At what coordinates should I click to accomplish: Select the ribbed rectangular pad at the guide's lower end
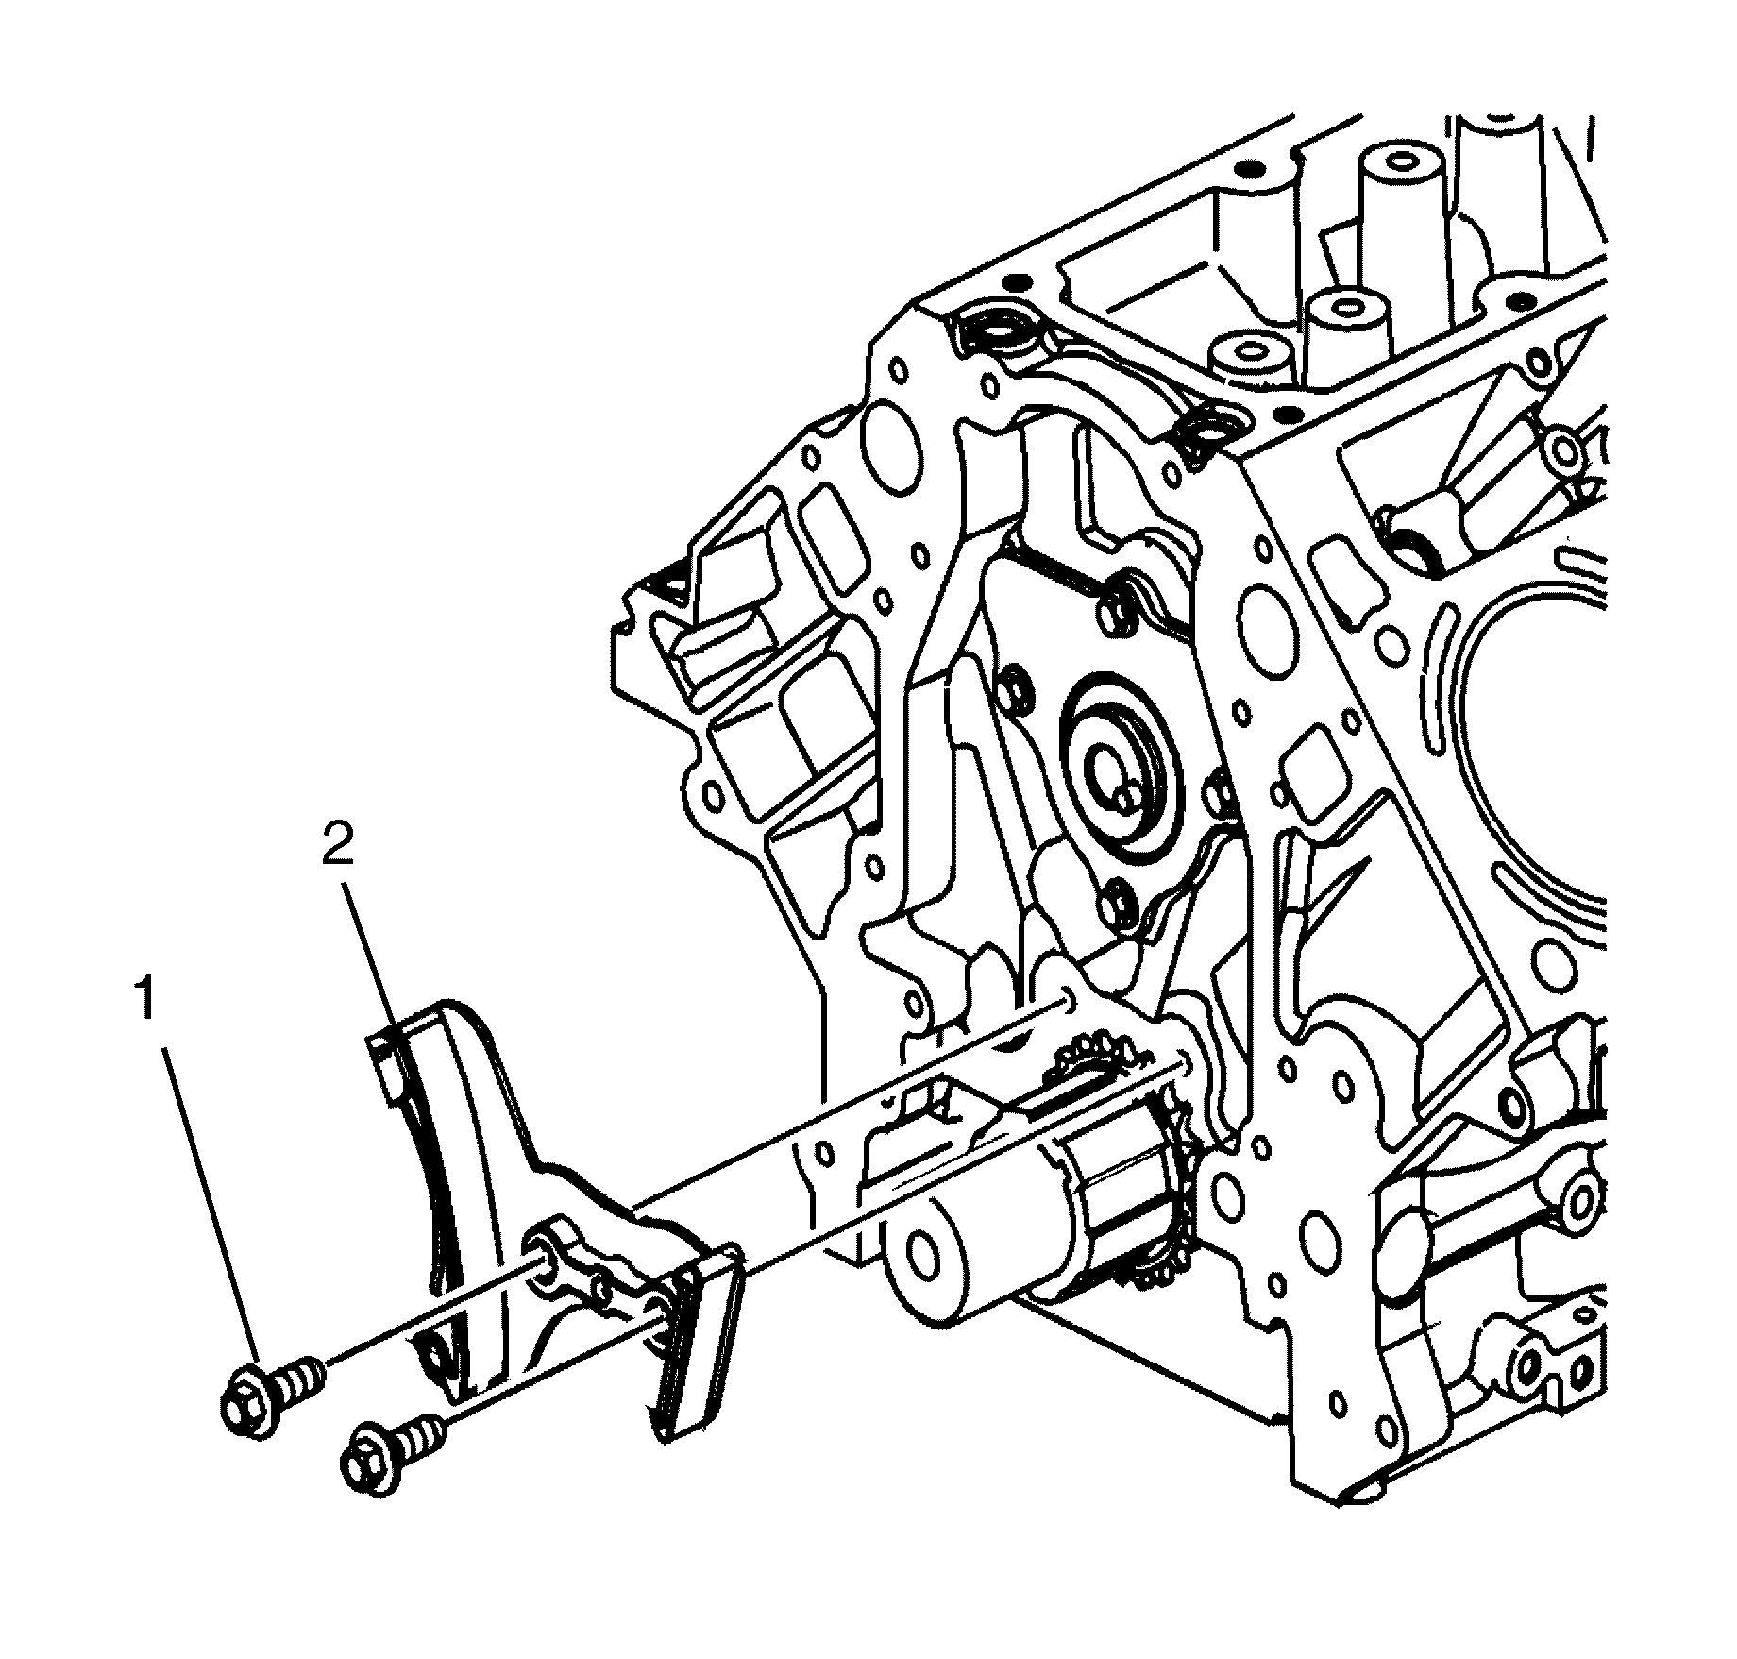tap(694, 1355)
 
